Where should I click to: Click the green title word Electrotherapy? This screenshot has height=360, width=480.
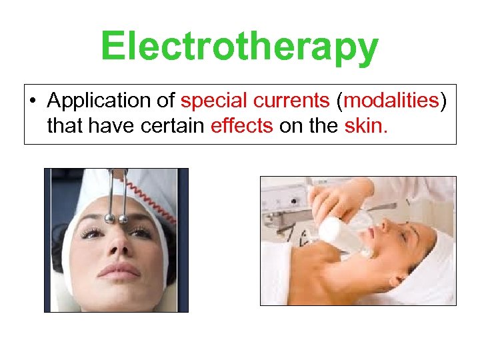pyautogui.click(x=239, y=47)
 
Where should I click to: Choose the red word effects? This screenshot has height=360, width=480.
pyautogui.click(x=241, y=126)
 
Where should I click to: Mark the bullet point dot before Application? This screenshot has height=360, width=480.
pyautogui.click(x=33, y=101)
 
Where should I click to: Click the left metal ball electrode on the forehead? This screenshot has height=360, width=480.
pyautogui.click(x=109, y=218)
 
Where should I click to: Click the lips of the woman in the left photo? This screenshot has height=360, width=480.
pyautogui.click(x=121, y=271)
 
